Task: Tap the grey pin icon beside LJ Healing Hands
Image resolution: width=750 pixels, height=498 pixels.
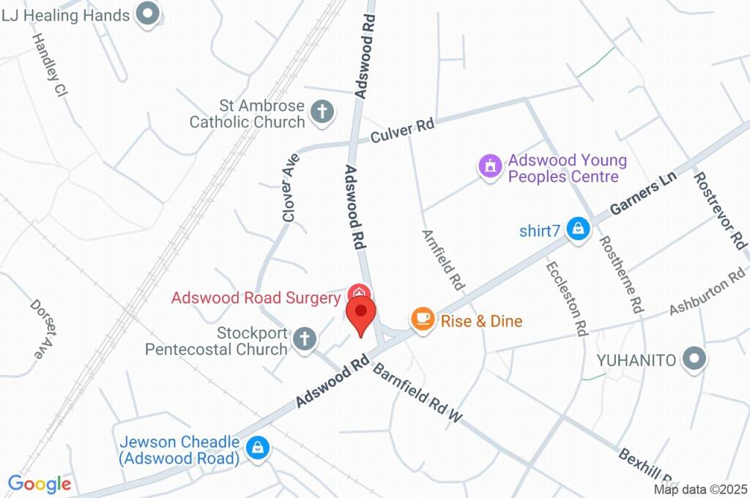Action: click(x=149, y=14)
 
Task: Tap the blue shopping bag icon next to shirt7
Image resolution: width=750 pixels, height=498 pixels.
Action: click(x=579, y=229)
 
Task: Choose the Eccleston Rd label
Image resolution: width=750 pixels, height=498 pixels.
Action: click(x=567, y=297)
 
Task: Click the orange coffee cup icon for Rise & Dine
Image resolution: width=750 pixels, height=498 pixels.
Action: click(x=422, y=319)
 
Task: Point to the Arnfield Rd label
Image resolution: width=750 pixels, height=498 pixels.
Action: click(x=444, y=259)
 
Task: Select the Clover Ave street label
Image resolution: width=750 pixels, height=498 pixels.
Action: click(x=289, y=187)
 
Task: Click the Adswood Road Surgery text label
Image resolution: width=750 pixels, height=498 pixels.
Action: click(x=255, y=298)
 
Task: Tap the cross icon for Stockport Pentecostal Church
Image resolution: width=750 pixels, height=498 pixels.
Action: click(x=304, y=339)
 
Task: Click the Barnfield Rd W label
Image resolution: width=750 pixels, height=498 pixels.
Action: click(x=418, y=393)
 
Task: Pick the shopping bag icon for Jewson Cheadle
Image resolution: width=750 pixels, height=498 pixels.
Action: click(x=257, y=447)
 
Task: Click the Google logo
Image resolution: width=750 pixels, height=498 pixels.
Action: click(x=39, y=483)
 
